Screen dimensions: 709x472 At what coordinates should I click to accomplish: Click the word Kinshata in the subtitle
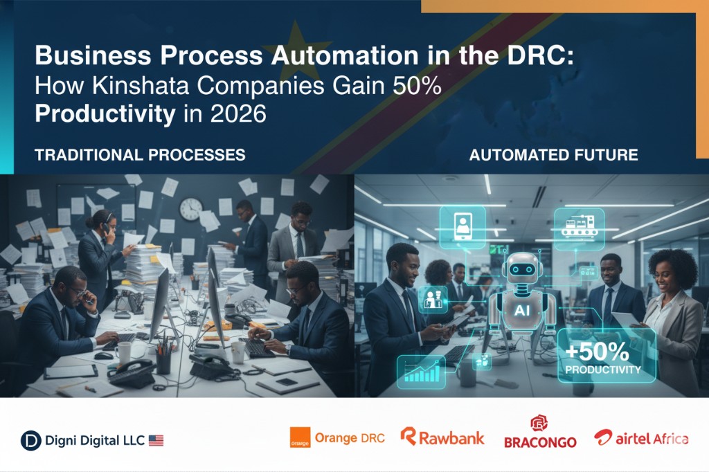click(141, 85)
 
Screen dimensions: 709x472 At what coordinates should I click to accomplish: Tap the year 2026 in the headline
click(238, 113)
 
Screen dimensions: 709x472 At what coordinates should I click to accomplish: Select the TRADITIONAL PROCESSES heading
click(140, 155)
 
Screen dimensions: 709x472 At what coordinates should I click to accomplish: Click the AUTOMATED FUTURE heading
click(553, 155)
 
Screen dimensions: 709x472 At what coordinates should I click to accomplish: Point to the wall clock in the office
click(191, 209)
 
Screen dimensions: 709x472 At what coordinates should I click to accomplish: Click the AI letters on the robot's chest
click(522, 310)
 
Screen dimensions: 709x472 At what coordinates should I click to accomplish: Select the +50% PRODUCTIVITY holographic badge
click(607, 356)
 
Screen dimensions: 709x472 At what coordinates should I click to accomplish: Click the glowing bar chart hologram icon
click(421, 372)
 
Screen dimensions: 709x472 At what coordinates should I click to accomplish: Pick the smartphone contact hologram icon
click(463, 227)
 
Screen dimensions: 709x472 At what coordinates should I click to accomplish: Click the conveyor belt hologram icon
click(580, 228)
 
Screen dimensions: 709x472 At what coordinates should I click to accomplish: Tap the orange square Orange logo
click(300, 437)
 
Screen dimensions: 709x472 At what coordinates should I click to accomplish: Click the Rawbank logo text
click(442, 437)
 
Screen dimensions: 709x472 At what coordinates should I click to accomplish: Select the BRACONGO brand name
click(540, 442)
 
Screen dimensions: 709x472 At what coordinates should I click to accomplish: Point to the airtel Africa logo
click(641, 437)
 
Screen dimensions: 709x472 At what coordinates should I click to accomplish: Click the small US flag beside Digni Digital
click(156, 440)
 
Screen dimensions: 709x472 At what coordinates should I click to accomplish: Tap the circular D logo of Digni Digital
click(30, 441)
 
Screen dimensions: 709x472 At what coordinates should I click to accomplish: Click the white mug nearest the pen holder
click(123, 353)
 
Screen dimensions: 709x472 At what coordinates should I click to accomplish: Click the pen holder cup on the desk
click(163, 362)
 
